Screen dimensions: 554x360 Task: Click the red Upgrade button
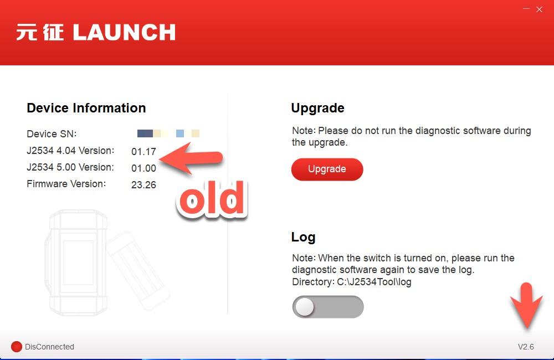tap(327, 169)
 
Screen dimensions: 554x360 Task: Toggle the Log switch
tap(328, 307)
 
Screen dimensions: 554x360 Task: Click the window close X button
tap(539, 9)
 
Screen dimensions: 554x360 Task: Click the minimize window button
tap(526, 8)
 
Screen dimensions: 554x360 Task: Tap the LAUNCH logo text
tap(124, 33)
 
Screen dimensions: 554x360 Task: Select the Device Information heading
tap(86, 108)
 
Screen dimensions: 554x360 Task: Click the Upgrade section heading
tap(317, 108)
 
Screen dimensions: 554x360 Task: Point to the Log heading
tap(303, 237)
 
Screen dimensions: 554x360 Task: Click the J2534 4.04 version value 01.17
tap(143, 152)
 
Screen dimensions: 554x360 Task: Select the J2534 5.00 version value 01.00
tap(143, 168)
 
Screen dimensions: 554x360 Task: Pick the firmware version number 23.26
tap(143, 185)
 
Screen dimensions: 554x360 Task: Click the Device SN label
tap(52, 134)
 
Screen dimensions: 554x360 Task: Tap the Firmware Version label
tap(66, 184)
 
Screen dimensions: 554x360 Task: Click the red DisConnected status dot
tap(17, 347)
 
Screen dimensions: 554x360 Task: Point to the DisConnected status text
tap(49, 347)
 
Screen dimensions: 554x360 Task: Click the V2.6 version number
tap(526, 347)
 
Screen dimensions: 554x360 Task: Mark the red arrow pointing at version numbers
tap(191, 158)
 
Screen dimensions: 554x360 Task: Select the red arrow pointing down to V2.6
tap(526, 306)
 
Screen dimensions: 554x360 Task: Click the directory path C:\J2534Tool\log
tap(374, 282)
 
